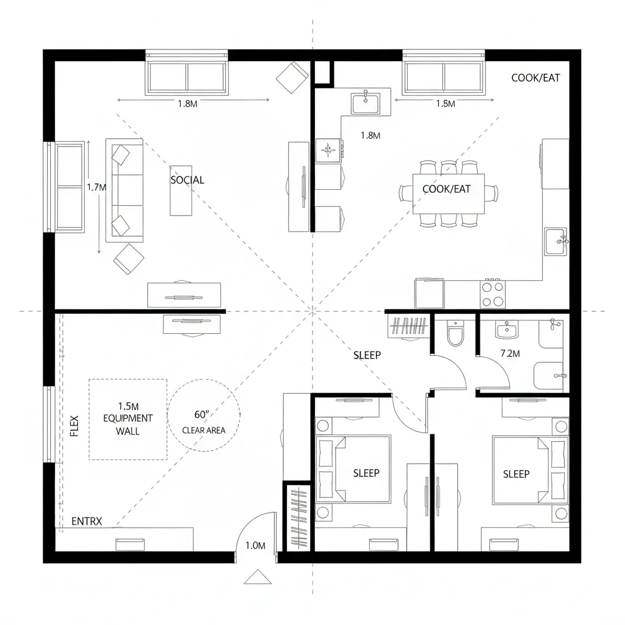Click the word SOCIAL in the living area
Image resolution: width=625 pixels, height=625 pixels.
pyautogui.click(x=187, y=180)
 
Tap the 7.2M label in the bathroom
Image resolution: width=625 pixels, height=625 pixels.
pyautogui.click(x=510, y=353)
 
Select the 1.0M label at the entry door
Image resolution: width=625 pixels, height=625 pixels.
pyautogui.click(x=255, y=546)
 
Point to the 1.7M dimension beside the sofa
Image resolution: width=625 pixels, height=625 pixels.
pyautogui.click(x=96, y=187)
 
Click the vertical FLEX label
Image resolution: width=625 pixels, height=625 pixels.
pyautogui.click(x=74, y=425)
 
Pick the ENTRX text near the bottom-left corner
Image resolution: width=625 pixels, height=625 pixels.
pyautogui.click(x=87, y=521)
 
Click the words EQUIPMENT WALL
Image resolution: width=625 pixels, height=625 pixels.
pyautogui.click(x=128, y=425)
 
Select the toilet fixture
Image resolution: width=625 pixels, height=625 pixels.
pyautogui.click(x=455, y=334)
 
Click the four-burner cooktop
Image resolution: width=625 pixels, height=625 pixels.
pyautogui.click(x=493, y=294)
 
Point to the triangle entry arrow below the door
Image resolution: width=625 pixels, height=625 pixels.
pyautogui.click(x=257, y=577)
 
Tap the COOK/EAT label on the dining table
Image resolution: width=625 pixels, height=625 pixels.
pyautogui.click(x=447, y=189)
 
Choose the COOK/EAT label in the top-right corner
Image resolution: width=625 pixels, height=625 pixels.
pyautogui.click(x=535, y=78)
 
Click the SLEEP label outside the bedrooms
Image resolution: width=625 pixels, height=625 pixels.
pyautogui.click(x=367, y=355)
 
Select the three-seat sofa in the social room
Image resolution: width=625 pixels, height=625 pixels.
pyautogui.click(x=125, y=190)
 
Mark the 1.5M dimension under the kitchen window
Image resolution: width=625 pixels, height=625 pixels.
pyautogui.click(x=446, y=104)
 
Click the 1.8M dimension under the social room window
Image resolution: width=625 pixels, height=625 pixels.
pyautogui.click(x=187, y=104)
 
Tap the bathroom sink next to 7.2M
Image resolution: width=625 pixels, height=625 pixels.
pyautogui.click(x=507, y=331)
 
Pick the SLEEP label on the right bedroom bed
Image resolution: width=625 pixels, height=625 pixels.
pyautogui.click(x=516, y=474)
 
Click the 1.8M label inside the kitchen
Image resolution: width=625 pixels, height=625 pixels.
pyautogui.click(x=370, y=135)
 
